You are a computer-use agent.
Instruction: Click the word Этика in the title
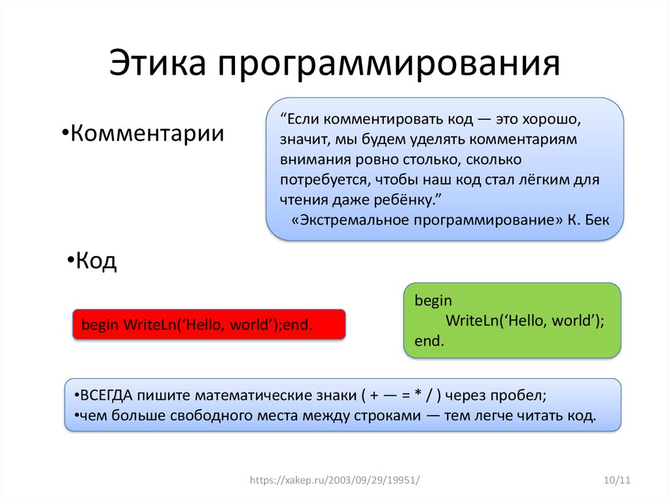[x=158, y=63]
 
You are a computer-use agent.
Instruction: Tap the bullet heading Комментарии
[x=143, y=133]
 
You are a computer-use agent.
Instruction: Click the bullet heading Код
[x=92, y=260]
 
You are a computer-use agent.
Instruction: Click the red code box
[x=209, y=325]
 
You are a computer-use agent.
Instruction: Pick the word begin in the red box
[x=100, y=325]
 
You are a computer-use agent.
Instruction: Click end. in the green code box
[x=429, y=341]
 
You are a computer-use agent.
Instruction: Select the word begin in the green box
[x=433, y=301]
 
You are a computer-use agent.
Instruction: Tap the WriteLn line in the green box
[x=525, y=321]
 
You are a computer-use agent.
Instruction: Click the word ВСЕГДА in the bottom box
[x=106, y=395]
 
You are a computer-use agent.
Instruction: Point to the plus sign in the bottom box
[x=374, y=396]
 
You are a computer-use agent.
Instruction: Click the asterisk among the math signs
[x=418, y=393]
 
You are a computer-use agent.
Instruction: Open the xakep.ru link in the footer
[x=335, y=480]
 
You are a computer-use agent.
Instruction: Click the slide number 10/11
[x=617, y=480]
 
